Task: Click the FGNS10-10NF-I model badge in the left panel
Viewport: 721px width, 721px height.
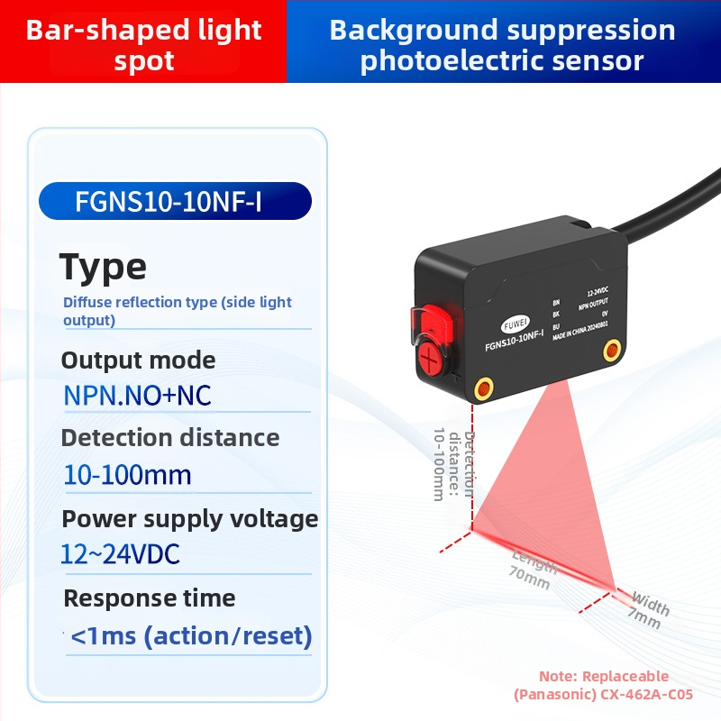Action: point(175,202)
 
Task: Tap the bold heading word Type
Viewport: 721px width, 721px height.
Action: point(103,267)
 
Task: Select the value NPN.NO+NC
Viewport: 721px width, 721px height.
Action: point(137,396)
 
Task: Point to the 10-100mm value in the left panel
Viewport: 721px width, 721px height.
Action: point(127,475)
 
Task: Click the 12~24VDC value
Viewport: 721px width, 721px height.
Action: point(120,554)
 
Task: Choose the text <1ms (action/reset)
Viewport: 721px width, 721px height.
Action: point(191,636)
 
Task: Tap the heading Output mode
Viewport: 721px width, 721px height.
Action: point(138,360)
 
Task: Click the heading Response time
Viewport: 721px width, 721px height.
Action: point(149,598)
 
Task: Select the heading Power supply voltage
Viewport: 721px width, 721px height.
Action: point(189,519)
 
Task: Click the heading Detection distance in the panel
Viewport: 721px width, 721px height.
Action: point(169,438)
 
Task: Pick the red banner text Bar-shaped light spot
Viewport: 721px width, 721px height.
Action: point(143,45)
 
